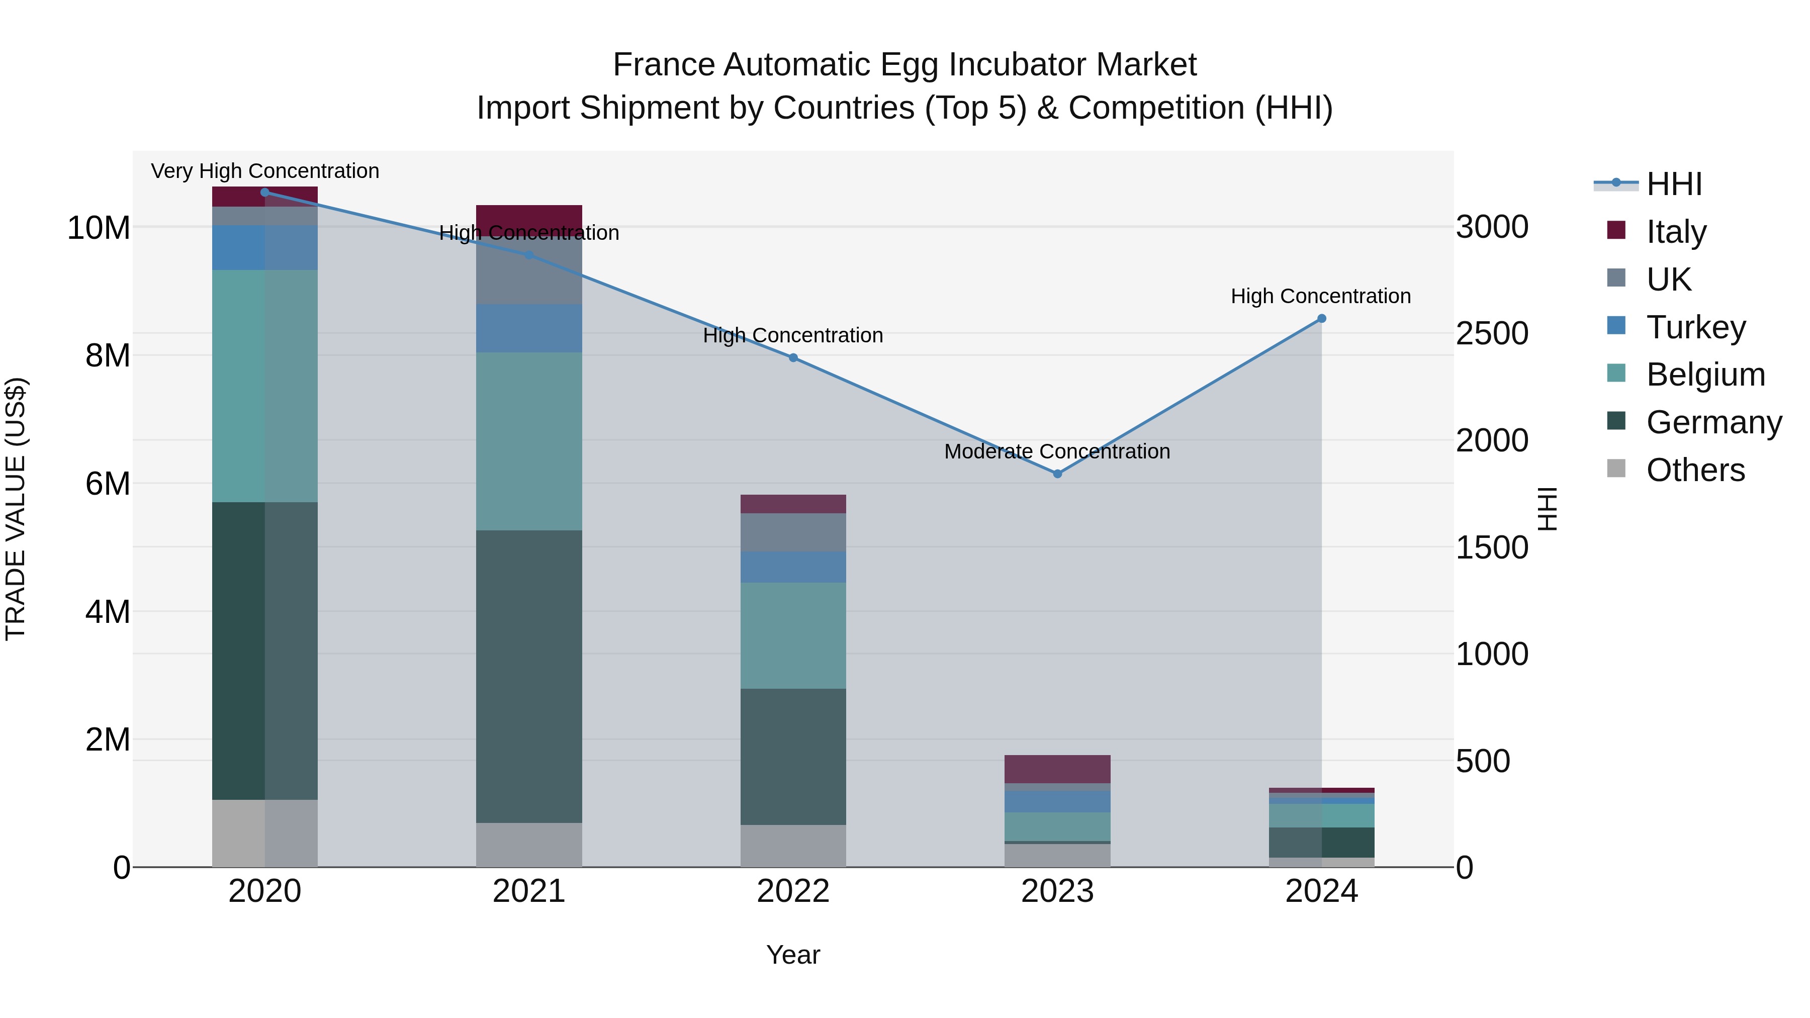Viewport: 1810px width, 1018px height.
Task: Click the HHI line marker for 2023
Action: (1057, 474)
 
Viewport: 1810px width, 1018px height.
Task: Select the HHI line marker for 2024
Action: (1321, 318)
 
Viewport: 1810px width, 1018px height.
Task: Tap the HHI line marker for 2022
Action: (792, 357)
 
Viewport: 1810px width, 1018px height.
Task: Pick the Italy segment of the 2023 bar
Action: (1057, 769)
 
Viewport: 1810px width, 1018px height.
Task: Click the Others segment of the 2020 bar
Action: (265, 832)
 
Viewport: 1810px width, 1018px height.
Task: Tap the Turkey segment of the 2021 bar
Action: (528, 328)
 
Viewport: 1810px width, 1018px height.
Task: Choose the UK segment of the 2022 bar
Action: (792, 532)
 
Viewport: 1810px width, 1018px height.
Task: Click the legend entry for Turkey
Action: (1695, 327)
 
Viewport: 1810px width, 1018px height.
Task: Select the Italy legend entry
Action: (1676, 232)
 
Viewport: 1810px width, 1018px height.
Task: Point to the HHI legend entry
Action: (1674, 184)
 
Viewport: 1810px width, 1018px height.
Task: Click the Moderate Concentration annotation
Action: (1057, 451)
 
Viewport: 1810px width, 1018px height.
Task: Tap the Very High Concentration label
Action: (265, 171)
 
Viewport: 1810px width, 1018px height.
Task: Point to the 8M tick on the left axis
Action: (108, 355)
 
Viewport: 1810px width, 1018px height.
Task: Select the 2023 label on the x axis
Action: (1057, 891)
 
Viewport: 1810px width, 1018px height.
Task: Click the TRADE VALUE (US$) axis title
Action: (16, 509)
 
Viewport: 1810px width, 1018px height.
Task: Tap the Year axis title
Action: (792, 955)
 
